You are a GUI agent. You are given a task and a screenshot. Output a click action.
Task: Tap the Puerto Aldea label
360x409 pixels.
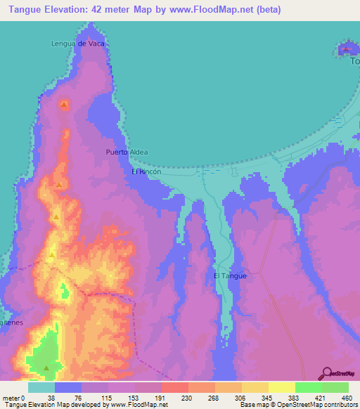[127, 151]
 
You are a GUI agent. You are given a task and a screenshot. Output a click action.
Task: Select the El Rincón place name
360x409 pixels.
[146, 171]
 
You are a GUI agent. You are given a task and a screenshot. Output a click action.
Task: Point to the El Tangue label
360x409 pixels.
[230, 275]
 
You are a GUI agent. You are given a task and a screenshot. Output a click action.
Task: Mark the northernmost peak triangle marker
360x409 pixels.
[64, 105]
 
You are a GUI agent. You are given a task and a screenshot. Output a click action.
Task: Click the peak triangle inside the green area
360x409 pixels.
[46, 368]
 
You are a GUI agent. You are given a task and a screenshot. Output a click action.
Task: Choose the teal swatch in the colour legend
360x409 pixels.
[41, 387]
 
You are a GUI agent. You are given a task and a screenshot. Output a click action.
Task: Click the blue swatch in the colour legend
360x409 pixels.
[68, 387]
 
